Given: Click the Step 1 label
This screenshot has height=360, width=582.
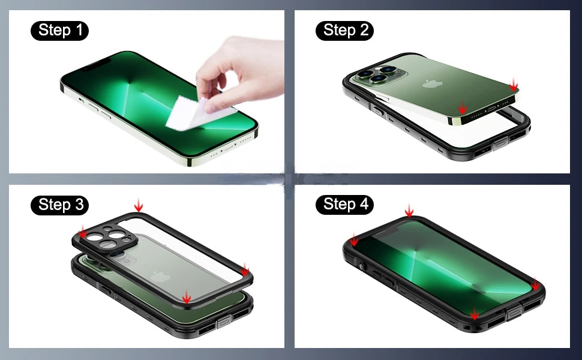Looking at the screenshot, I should pyautogui.click(x=59, y=29).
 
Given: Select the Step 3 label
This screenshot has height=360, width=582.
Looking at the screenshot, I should pyautogui.click(x=59, y=205).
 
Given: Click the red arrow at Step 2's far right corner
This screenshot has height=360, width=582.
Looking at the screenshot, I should pyautogui.click(x=513, y=86).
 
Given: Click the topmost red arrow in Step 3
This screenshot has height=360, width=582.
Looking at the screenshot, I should pyautogui.click(x=139, y=206).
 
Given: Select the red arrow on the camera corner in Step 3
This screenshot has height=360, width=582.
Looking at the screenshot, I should pyautogui.click(x=82, y=233).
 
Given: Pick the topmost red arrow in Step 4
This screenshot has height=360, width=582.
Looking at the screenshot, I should pyautogui.click(x=409, y=211).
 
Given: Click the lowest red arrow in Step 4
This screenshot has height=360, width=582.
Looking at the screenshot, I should pyautogui.click(x=475, y=314).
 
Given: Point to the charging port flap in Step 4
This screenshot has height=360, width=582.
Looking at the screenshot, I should pyautogui.click(x=515, y=314).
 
